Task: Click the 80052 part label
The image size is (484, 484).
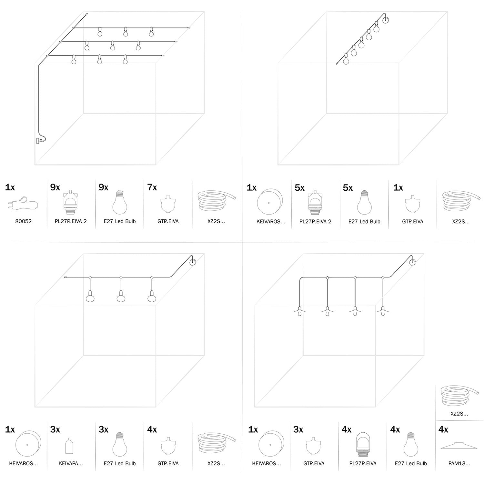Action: click(x=24, y=221)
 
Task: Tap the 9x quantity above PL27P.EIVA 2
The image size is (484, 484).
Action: click(x=55, y=187)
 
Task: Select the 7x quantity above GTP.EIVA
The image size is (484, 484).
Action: click(x=152, y=187)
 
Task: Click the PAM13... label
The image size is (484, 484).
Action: click(x=459, y=464)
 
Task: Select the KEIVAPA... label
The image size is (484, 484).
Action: click(x=71, y=464)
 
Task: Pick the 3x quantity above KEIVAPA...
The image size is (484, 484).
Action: click(x=55, y=429)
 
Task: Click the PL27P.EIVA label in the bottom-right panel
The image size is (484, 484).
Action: click(x=363, y=464)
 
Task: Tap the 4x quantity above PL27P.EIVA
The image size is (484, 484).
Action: click(x=347, y=429)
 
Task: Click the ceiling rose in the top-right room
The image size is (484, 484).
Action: click(x=386, y=20)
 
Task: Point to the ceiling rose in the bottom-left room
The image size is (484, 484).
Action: click(x=193, y=262)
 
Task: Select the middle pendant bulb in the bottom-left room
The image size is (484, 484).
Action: click(x=121, y=297)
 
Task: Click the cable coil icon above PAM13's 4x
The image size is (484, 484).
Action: click(x=459, y=397)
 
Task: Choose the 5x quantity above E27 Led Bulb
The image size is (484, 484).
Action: click(x=348, y=188)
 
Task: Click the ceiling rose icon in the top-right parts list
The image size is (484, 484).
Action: click(x=269, y=203)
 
